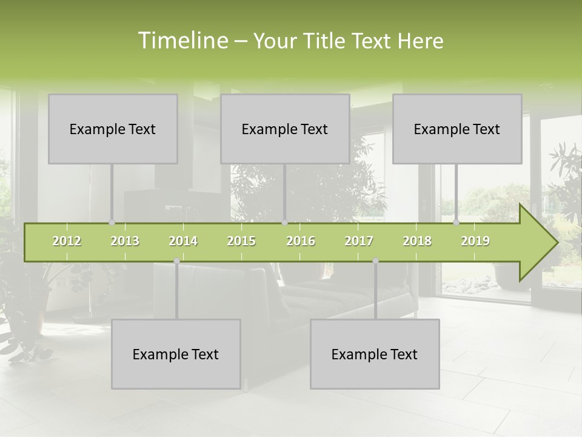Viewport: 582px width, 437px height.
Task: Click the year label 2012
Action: point(67,241)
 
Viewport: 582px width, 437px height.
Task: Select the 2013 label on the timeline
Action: point(125,241)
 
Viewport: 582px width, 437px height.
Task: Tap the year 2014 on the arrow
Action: point(183,241)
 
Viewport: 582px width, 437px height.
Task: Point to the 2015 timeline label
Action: point(241,241)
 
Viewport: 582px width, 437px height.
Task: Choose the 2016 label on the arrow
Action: point(301,241)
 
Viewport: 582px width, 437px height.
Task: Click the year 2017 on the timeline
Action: point(359,241)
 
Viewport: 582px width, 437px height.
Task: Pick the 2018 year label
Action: point(417,241)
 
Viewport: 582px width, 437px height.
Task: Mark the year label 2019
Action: point(475,241)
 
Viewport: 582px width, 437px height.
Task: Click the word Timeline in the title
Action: point(182,41)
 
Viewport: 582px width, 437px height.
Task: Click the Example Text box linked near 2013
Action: point(113,129)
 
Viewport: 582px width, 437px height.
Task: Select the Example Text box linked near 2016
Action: point(285,129)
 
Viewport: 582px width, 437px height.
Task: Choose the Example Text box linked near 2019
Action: point(457,129)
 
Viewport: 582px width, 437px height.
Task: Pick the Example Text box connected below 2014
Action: point(176,354)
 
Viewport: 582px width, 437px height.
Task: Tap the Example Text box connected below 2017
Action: point(375,354)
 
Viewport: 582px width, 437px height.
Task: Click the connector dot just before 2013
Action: point(112,223)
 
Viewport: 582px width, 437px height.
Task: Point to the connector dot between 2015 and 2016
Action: point(285,223)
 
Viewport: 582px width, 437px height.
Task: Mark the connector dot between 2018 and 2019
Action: point(457,223)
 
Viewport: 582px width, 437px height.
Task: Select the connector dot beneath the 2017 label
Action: point(375,261)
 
